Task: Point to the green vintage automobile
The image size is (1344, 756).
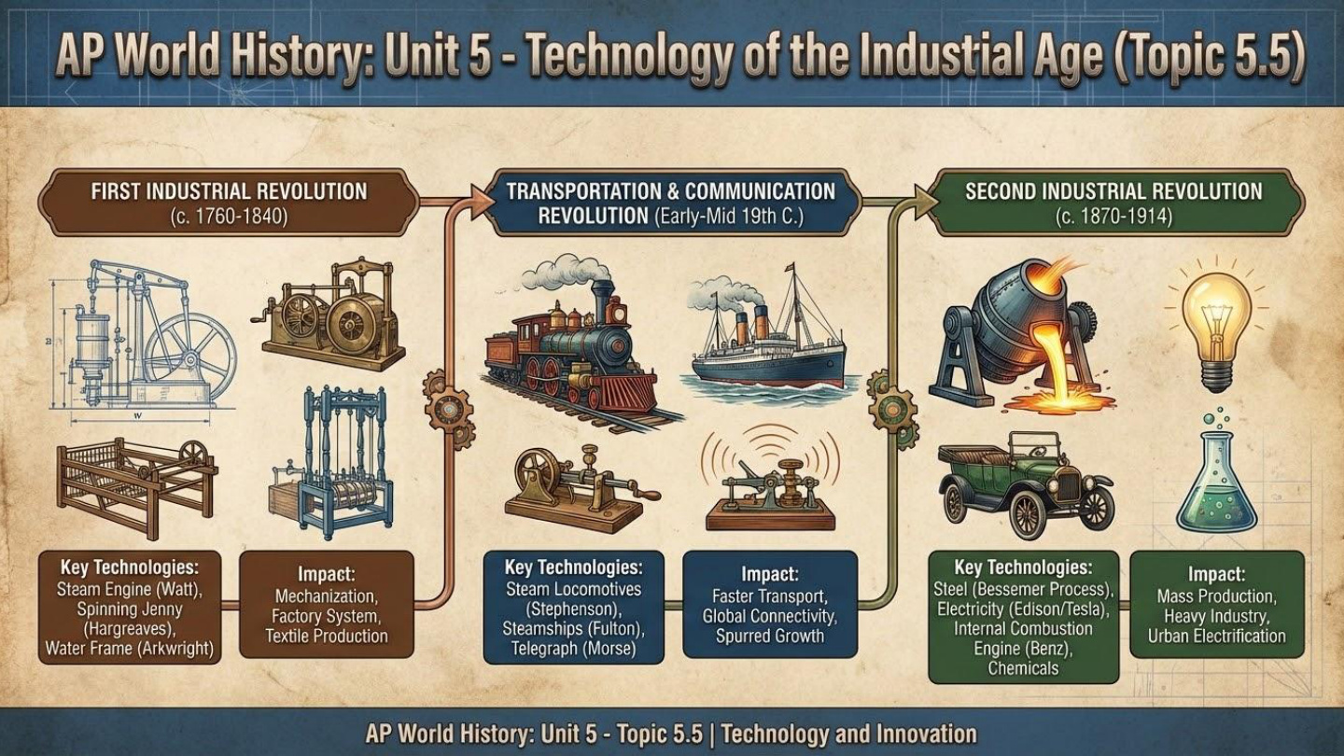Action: (1025, 481)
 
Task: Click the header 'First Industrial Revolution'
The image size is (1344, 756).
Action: (229, 191)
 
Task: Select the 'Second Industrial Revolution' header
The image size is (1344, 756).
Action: (1113, 191)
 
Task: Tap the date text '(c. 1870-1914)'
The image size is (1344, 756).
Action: (1113, 217)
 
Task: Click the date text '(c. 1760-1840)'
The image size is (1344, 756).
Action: (229, 217)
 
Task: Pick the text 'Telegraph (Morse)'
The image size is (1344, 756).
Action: (573, 649)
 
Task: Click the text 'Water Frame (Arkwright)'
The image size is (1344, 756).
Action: (130, 648)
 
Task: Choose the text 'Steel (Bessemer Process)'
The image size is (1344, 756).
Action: (1024, 589)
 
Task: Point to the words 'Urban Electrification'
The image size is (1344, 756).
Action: (1216, 637)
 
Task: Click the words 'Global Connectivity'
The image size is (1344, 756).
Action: (770, 615)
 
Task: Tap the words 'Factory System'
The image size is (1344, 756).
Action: (326, 615)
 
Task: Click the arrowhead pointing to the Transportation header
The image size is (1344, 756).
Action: (483, 202)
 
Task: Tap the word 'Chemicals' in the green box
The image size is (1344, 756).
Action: (1024, 667)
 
